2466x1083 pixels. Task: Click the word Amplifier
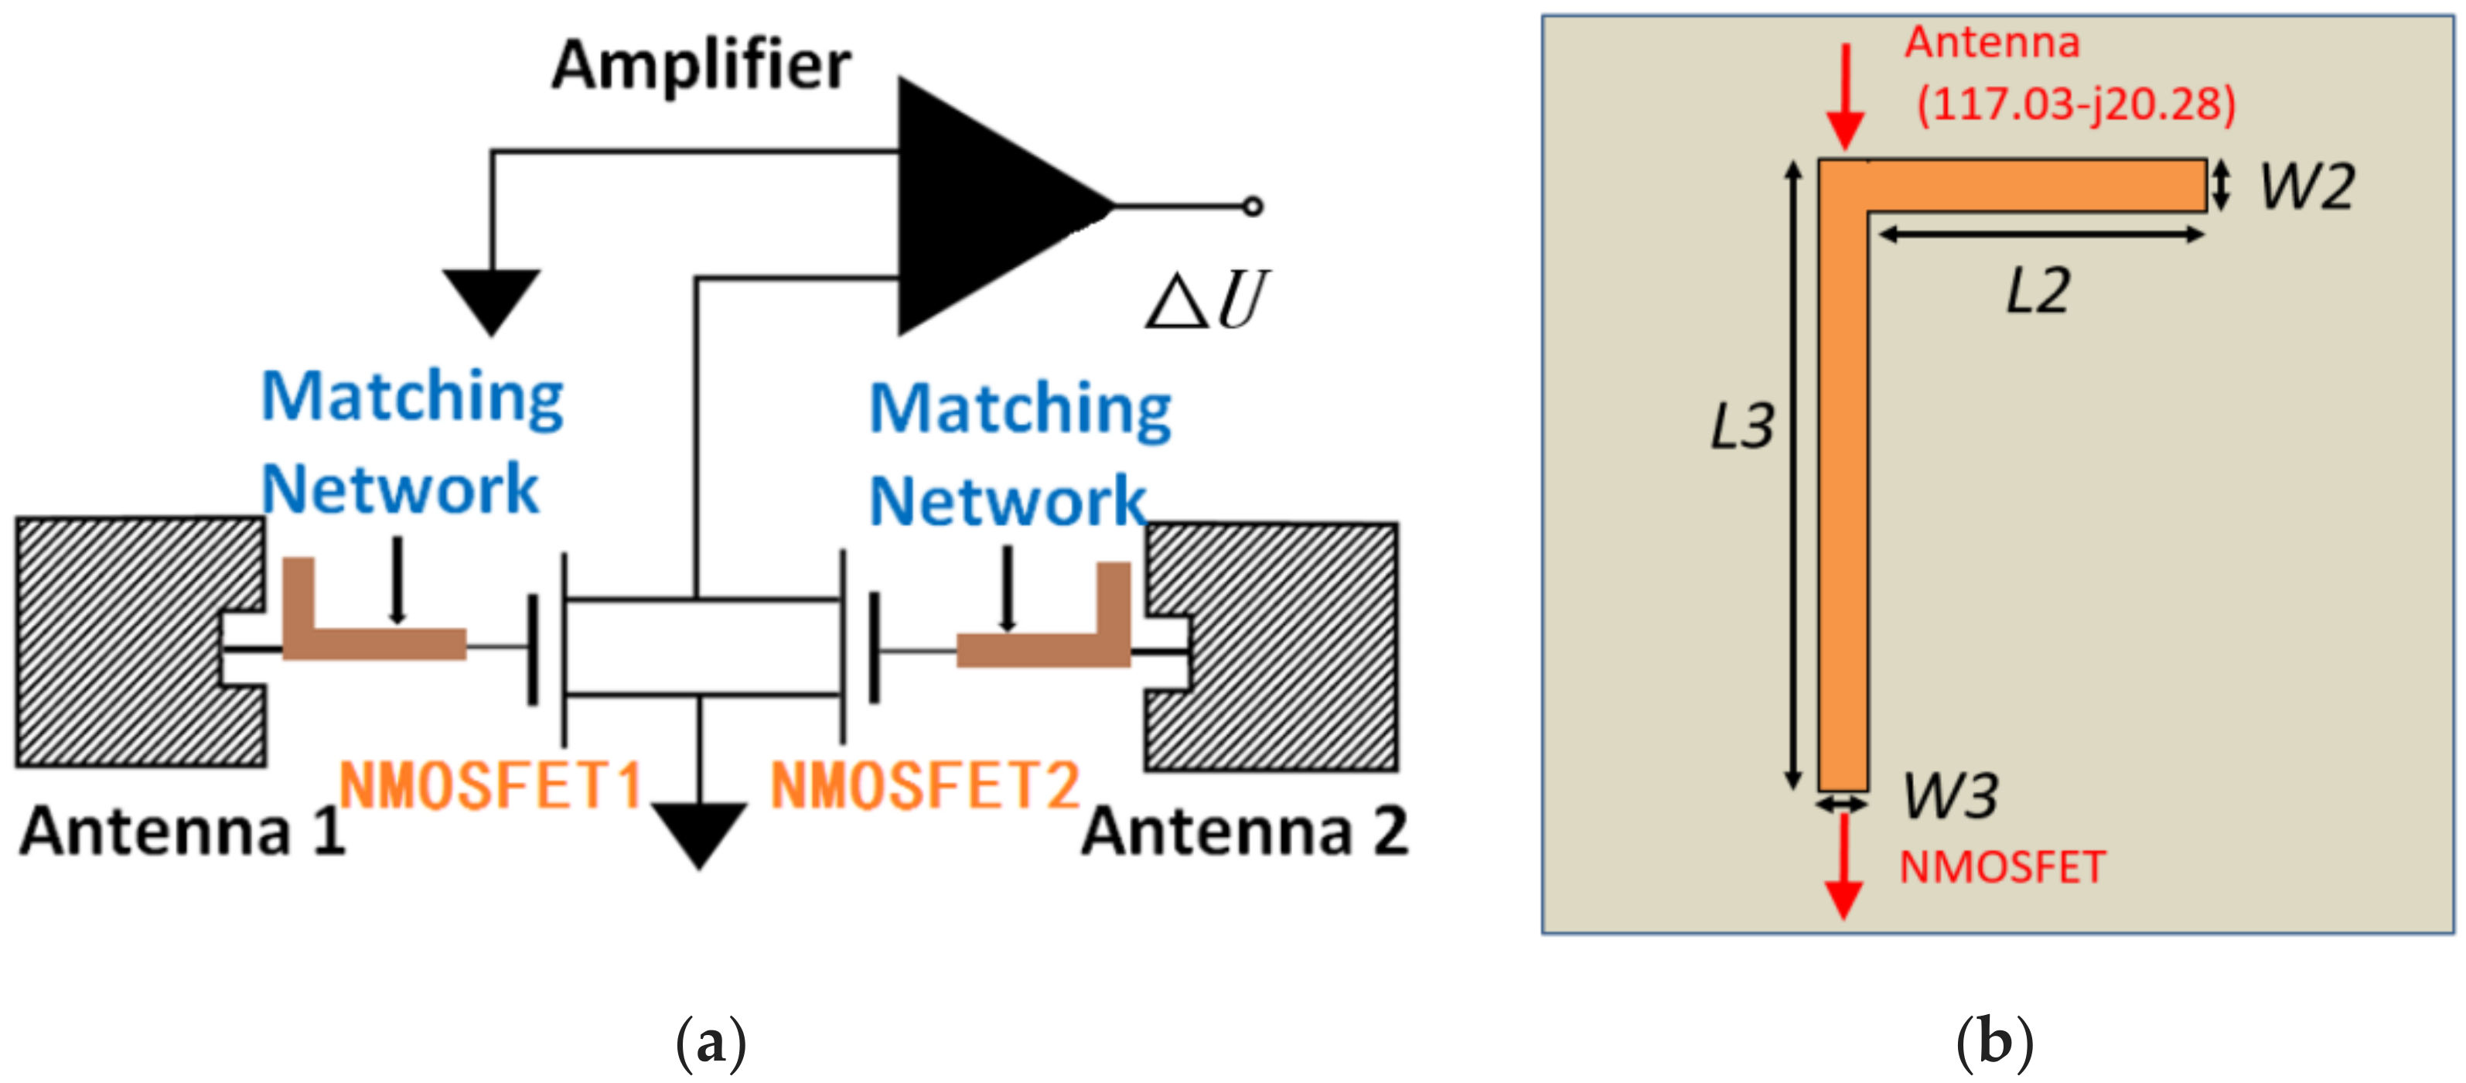701,65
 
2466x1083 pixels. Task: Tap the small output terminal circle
1252,206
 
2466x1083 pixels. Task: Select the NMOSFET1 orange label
490,785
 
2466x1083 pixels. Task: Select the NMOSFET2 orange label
925,785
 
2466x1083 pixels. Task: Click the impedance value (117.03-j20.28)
2075,104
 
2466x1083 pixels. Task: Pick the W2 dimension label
2307,186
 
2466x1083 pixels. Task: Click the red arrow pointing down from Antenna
1845,96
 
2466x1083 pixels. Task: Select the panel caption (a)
711,1043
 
